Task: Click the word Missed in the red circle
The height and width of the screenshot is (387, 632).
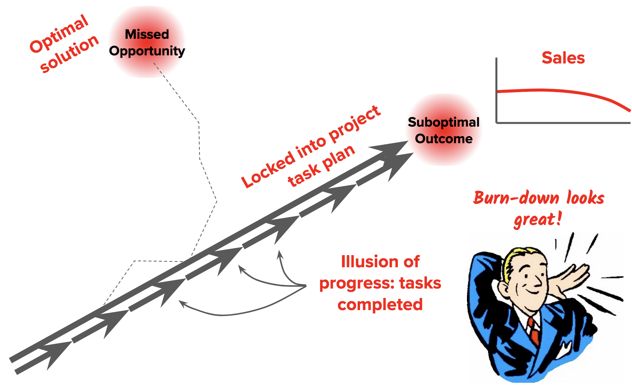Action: click(147, 34)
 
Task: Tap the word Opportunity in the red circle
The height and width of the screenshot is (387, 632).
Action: click(147, 51)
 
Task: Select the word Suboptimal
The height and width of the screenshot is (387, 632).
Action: click(444, 122)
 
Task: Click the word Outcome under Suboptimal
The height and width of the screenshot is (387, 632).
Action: click(444, 138)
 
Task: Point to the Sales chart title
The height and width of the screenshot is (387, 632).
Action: click(563, 58)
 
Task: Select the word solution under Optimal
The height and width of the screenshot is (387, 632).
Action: click(69, 53)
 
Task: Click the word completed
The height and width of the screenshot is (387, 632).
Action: click(380, 304)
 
